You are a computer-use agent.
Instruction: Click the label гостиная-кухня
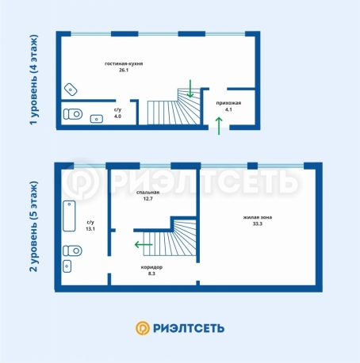[x=124, y=63]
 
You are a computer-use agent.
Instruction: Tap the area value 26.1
[x=124, y=70]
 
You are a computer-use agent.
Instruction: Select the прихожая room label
[x=228, y=103]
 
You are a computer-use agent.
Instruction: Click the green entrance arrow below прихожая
[x=219, y=126]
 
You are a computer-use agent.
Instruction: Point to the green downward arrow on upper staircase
[x=190, y=89]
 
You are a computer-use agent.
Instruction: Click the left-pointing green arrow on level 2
[x=144, y=245]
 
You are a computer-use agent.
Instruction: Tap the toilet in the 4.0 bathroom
[x=73, y=114]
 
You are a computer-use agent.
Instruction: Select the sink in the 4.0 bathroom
[x=97, y=119]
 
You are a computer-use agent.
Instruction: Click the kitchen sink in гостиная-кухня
[x=71, y=90]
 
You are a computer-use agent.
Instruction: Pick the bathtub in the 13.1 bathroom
[x=69, y=216]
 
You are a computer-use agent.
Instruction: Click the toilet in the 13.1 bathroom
[x=72, y=250]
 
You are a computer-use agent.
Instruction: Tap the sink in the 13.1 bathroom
[x=67, y=266]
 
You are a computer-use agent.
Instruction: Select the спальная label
[x=147, y=193]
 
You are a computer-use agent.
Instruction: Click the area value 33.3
[x=258, y=224]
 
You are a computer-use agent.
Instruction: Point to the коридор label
[x=151, y=267]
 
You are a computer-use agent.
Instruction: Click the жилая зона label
[x=258, y=217]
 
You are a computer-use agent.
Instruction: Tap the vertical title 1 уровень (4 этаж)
[x=34, y=80]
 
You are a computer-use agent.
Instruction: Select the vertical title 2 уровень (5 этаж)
[x=34, y=227]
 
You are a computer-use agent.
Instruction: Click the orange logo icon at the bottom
[x=143, y=328]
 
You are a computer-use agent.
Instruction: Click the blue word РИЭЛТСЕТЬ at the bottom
[x=189, y=328]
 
